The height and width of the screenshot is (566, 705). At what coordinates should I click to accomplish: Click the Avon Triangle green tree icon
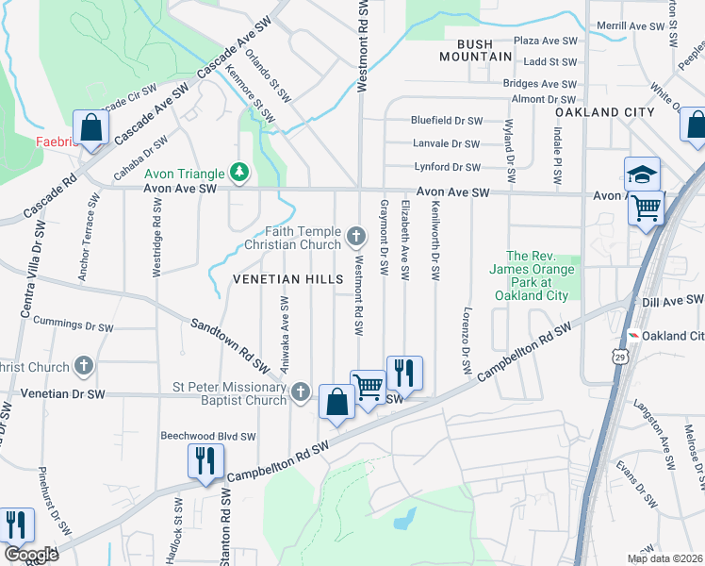tap(241, 172)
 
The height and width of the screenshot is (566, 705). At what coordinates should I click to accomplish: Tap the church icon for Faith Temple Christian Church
tap(355, 235)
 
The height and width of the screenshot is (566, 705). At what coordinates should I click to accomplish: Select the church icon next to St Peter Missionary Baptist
tap(301, 391)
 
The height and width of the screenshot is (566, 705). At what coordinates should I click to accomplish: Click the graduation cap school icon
tap(642, 174)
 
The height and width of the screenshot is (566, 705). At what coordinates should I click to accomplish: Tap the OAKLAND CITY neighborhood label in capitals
tap(604, 112)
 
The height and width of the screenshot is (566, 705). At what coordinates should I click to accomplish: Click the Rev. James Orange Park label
tap(537, 275)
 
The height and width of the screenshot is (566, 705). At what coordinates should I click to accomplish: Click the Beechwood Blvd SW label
tap(208, 437)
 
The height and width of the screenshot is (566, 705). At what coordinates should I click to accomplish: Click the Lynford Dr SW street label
tap(447, 167)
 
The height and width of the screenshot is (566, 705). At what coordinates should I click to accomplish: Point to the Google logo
tap(31, 555)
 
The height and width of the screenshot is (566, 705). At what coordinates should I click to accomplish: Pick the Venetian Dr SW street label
tap(64, 392)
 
